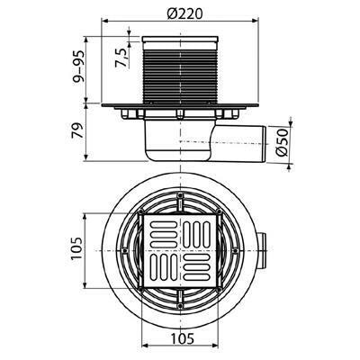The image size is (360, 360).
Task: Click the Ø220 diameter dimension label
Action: point(185,13)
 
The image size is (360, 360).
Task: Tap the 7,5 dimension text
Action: point(121,58)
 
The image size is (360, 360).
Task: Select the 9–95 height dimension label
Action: point(78,67)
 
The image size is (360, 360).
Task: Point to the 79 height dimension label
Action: point(77,130)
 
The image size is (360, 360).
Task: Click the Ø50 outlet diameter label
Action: point(282,142)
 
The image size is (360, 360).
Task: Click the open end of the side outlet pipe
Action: point(264,145)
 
